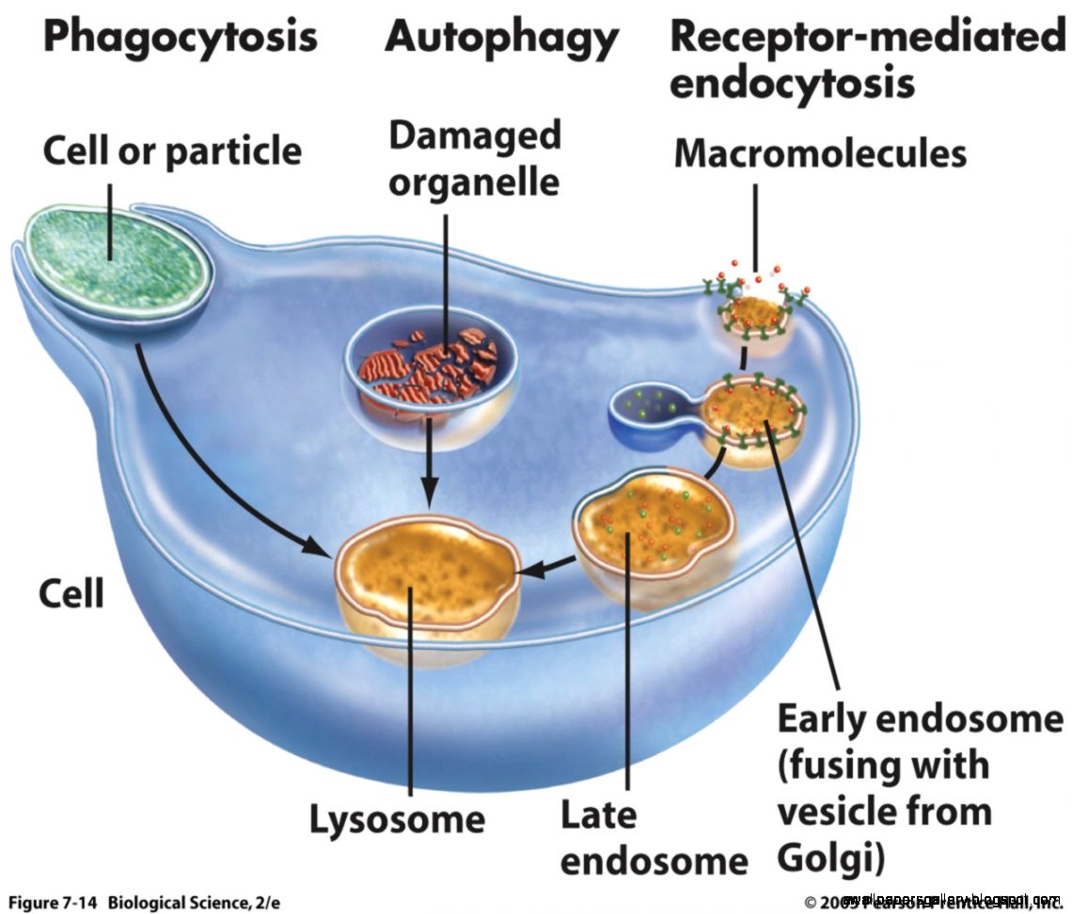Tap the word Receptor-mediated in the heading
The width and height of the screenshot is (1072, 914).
tap(868, 39)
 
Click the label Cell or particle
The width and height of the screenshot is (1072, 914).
tap(173, 151)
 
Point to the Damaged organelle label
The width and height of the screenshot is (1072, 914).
tap(474, 157)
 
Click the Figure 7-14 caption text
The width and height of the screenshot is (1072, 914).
tap(141, 900)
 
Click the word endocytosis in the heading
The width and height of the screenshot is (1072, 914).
tap(792, 84)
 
